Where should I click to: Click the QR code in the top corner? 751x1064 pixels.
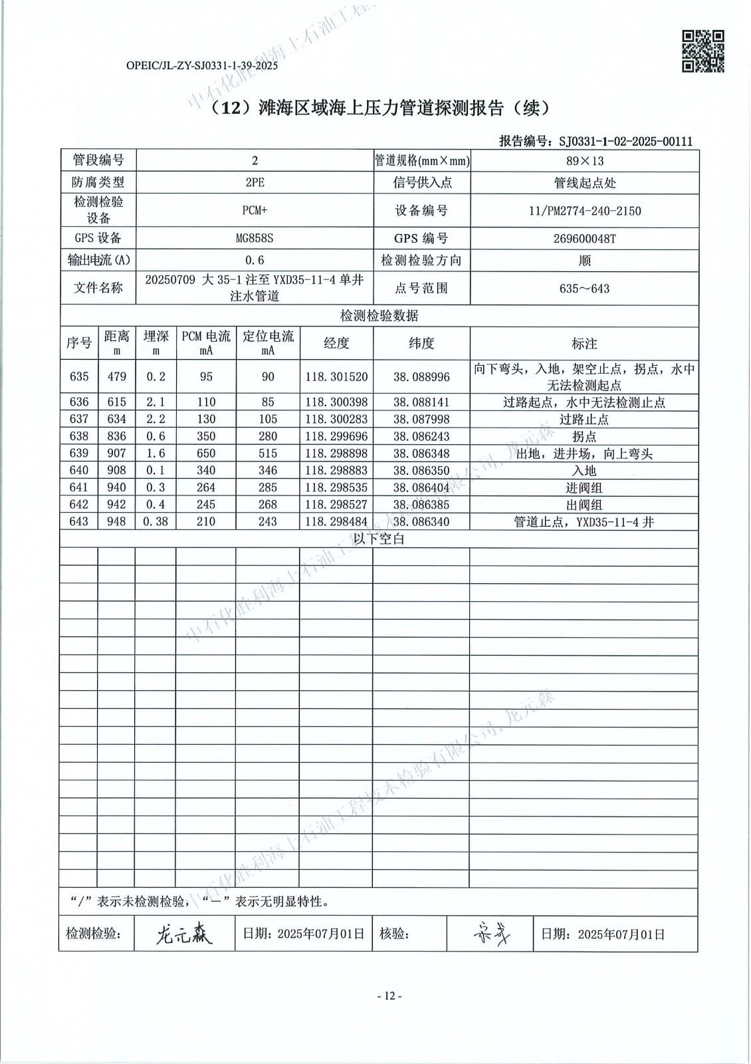tap(703, 51)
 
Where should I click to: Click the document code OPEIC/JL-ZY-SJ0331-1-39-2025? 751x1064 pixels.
tap(201, 65)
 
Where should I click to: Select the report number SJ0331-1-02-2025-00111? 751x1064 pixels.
tap(625, 141)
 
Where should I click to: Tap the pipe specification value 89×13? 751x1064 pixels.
tap(584, 161)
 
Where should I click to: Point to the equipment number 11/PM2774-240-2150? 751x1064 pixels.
tap(584, 211)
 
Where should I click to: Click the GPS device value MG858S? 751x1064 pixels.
tap(255, 239)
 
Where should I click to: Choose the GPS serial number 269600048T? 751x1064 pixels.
tap(584, 239)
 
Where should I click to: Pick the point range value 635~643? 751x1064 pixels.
tap(584, 289)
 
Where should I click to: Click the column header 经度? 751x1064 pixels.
tap(336, 343)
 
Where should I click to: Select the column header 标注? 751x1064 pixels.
tap(584, 344)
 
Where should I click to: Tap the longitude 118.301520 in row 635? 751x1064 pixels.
tap(336, 377)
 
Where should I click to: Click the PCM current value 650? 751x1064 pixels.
tap(206, 454)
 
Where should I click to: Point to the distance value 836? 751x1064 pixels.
tap(117, 436)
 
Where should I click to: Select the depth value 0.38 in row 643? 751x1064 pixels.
tap(156, 521)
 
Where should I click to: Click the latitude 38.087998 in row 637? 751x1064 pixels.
tap(421, 419)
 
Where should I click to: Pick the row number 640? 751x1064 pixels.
tap(79, 470)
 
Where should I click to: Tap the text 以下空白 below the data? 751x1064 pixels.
tap(379, 539)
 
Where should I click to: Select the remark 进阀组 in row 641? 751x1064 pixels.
tap(584, 487)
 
